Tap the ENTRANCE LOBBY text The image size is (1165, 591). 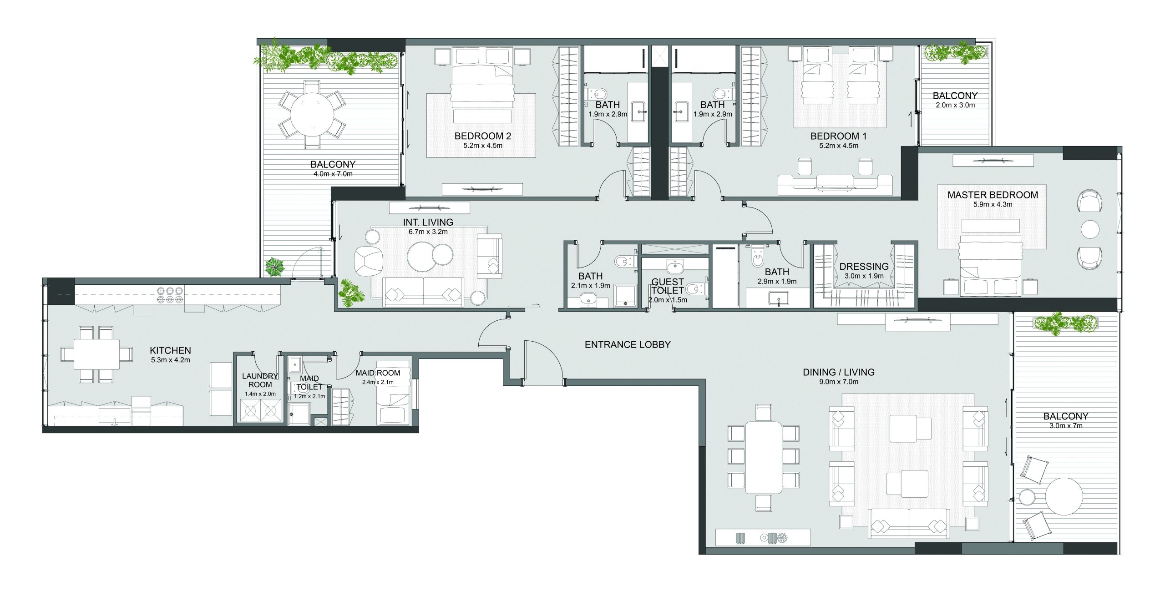[628, 345]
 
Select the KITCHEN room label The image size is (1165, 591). [170, 350]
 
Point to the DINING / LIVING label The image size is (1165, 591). [839, 372]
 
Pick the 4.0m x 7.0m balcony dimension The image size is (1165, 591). [333, 174]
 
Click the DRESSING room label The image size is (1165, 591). [864, 267]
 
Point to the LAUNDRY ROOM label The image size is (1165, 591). [260, 380]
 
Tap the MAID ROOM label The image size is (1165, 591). [378, 373]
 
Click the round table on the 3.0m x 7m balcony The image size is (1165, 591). [1064, 496]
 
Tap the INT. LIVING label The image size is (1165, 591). [428, 222]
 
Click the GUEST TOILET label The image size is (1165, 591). [668, 286]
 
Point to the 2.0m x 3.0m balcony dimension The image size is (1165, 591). [955, 105]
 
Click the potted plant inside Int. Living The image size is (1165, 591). [352, 292]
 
